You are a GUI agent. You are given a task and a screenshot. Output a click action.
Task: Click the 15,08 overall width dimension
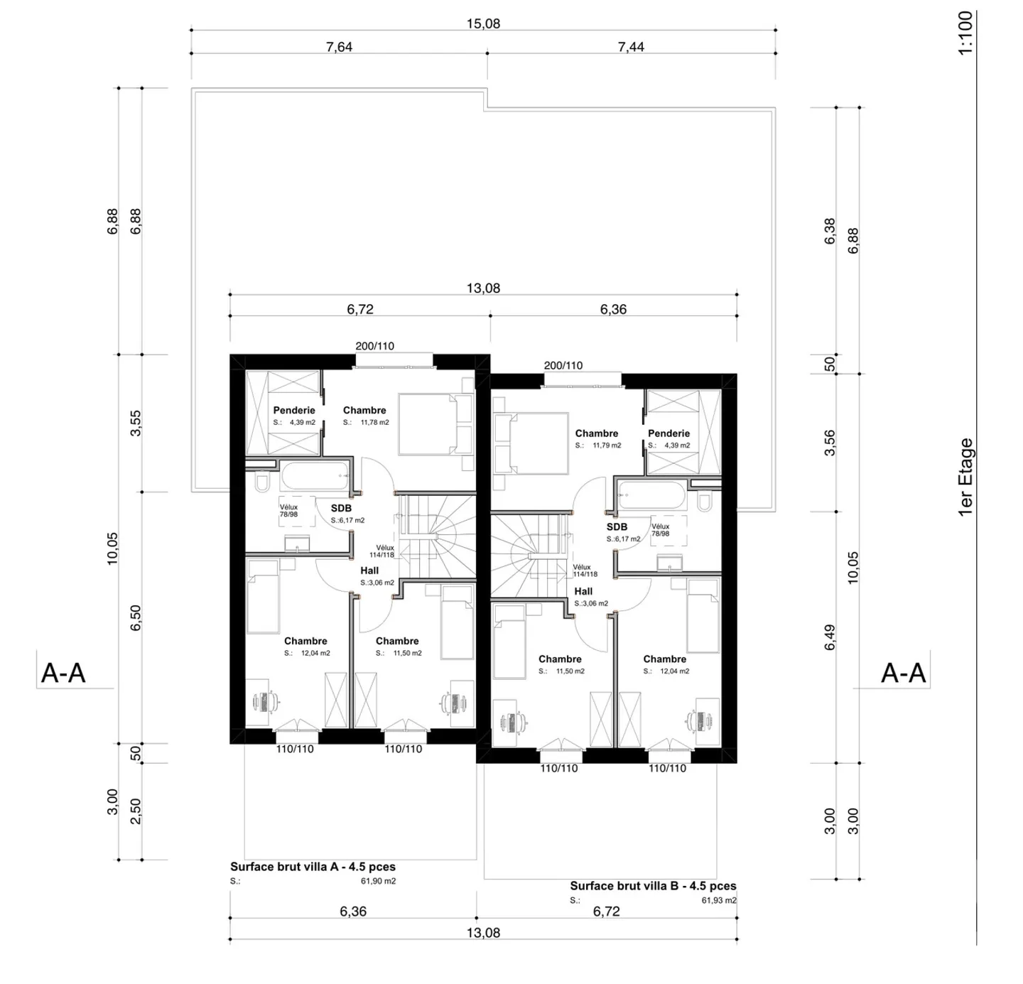click(x=483, y=23)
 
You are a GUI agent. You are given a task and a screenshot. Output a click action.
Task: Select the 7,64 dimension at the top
click(x=339, y=47)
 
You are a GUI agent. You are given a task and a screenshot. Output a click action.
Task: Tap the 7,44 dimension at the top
click(x=631, y=47)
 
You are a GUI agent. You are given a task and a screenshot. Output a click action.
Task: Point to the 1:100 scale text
click(x=965, y=33)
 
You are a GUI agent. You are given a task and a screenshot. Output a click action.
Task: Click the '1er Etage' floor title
click(x=965, y=477)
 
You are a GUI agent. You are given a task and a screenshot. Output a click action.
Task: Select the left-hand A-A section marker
click(x=63, y=672)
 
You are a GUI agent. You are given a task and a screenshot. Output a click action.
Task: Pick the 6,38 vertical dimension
click(x=830, y=231)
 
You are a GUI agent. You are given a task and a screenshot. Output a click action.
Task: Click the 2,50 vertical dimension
click(x=136, y=811)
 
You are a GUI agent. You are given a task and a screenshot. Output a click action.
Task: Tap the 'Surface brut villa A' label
click(x=313, y=867)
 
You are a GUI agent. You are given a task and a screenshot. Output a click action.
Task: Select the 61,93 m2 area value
click(x=719, y=900)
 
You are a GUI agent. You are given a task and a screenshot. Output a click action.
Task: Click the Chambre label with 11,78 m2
click(x=364, y=410)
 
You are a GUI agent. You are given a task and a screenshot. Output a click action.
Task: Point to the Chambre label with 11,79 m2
click(x=597, y=433)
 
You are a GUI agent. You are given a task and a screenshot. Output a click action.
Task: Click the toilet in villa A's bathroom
click(x=261, y=483)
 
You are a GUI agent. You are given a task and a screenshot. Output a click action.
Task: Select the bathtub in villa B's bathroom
click(x=651, y=495)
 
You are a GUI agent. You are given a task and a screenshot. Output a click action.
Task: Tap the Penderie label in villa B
click(x=669, y=433)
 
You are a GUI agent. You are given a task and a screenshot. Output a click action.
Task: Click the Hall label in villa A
click(x=369, y=571)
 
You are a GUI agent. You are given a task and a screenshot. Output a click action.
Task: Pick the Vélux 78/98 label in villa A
click(x=288, y=511)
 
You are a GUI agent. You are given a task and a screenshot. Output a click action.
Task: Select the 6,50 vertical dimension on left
click(x=136, y=617)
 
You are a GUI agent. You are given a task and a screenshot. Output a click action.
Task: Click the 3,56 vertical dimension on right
click(x=830, y=442)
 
